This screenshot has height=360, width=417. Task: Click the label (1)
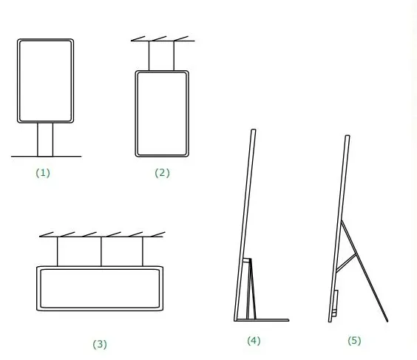click(x=43, y=173)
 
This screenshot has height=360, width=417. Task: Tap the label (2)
click(x=162, y=173)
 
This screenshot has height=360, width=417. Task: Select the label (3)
click(x=100, y=344)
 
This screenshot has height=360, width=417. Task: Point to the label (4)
click(x=254, y=341)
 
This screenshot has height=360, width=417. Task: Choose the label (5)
click(x=354, y=341)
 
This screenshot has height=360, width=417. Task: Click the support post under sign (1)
click(x=45, y=140)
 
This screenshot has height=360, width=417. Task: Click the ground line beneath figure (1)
click(x=47, y=156)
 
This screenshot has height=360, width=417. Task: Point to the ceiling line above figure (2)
click(x=163, y=41)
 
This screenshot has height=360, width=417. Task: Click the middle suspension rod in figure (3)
click(x=101, y=251)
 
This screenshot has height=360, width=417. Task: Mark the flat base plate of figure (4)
click(x=262, y=320)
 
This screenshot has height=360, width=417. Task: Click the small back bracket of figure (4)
click(x=250, y=288)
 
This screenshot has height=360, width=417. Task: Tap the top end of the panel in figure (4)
click(x=254, y=130)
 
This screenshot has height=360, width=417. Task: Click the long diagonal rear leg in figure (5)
click(x=365, y=271)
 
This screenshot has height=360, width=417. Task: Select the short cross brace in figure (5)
click(x=346, y=263)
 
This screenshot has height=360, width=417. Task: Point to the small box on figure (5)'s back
click(x=335, y=303)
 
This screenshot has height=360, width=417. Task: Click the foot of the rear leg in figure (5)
click(x=387, y=321)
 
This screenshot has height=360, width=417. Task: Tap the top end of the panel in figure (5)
click(x=347, y=136)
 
